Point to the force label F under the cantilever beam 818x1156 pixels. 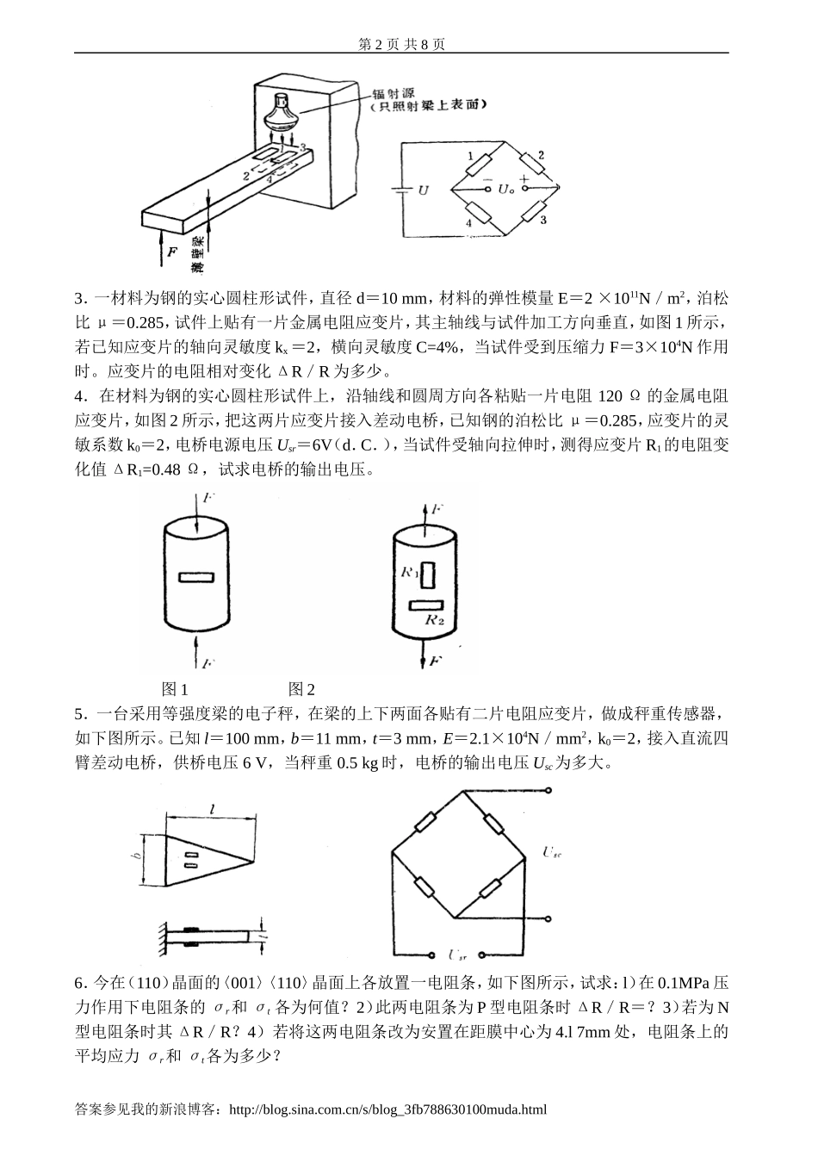tap(172, 252)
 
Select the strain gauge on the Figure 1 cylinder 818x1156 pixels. tap(196, 577)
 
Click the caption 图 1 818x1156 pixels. tap(175, 689)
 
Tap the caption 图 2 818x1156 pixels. tap(301, 689)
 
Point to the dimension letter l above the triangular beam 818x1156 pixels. tap(210, 807)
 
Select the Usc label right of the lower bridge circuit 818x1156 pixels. tap(553, 853)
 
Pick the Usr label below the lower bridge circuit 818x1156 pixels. tap(458, 954)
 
